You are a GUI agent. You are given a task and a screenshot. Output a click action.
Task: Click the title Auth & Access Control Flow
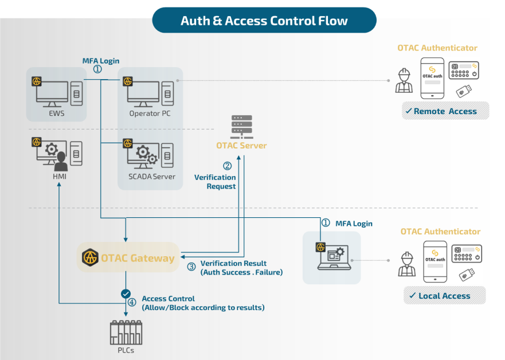(264, 21)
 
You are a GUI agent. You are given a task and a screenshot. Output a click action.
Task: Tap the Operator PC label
(150, 113)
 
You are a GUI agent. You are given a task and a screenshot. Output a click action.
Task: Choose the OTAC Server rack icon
(241, 126)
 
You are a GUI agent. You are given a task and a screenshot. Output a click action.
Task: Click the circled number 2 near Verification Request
(227, 166)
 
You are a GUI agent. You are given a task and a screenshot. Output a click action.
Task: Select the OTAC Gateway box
(128, 257)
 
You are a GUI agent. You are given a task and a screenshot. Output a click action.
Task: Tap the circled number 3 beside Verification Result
(191, 267)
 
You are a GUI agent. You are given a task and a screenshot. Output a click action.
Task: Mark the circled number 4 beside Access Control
(132, 302)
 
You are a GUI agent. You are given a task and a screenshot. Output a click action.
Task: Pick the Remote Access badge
(445, 111)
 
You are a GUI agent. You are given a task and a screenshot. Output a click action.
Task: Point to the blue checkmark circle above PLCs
(126, 294)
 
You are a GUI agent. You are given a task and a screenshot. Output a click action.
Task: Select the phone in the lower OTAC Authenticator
(435, 261)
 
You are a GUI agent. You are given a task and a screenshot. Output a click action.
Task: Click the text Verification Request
(215, 182)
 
